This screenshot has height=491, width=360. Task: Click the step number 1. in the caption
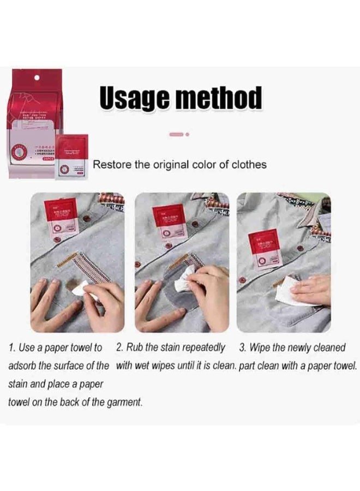click(13, 348)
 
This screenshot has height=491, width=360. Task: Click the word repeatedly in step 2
click(203, 348)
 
